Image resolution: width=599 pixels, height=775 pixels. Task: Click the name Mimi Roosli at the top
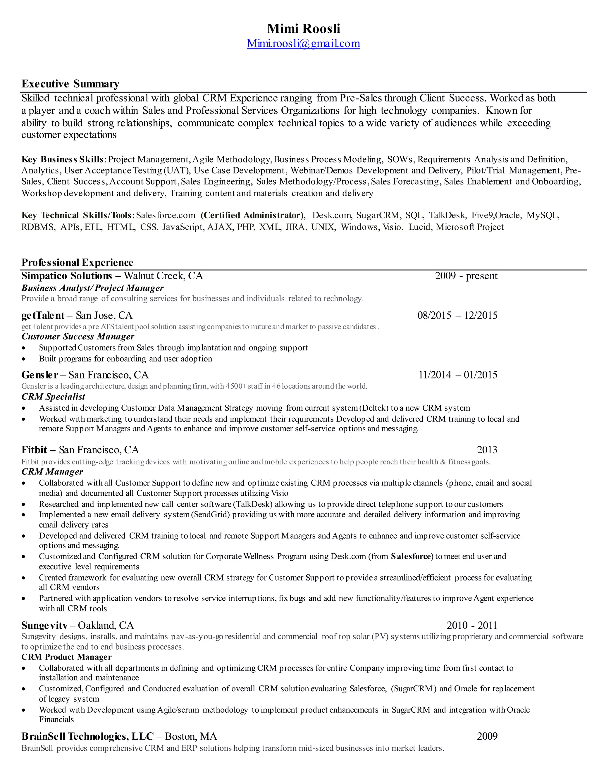(x=303, y=29)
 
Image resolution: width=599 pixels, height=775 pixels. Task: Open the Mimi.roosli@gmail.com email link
(x=303, y=43)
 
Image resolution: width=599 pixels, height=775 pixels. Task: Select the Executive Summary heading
(x=70, y=84)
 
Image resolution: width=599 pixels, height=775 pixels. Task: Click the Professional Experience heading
(x=77, y=263)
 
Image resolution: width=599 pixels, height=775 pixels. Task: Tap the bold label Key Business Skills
(x=63, y=159)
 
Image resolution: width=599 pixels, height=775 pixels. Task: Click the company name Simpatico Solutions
(x=67, y=276)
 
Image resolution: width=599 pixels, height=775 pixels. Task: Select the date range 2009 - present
(x=466, y=276)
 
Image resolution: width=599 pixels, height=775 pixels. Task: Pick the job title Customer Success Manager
(x=78, y=336)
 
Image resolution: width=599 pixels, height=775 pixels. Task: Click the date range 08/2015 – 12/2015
(x=457, y=316)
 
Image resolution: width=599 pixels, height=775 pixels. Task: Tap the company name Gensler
(x=40, y=375)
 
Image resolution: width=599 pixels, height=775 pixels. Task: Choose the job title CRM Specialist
(x=53, y=397)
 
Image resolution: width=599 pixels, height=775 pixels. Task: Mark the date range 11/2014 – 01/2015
(x=458, y=375)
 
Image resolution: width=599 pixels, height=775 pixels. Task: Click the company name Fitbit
(x=34, y=450)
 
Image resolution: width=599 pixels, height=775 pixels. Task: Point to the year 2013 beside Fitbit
(x=487, y=450)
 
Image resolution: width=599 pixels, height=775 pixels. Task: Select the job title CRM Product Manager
(x=66, y=657)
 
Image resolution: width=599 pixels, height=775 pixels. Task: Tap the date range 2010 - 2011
(x=471, y=625)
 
